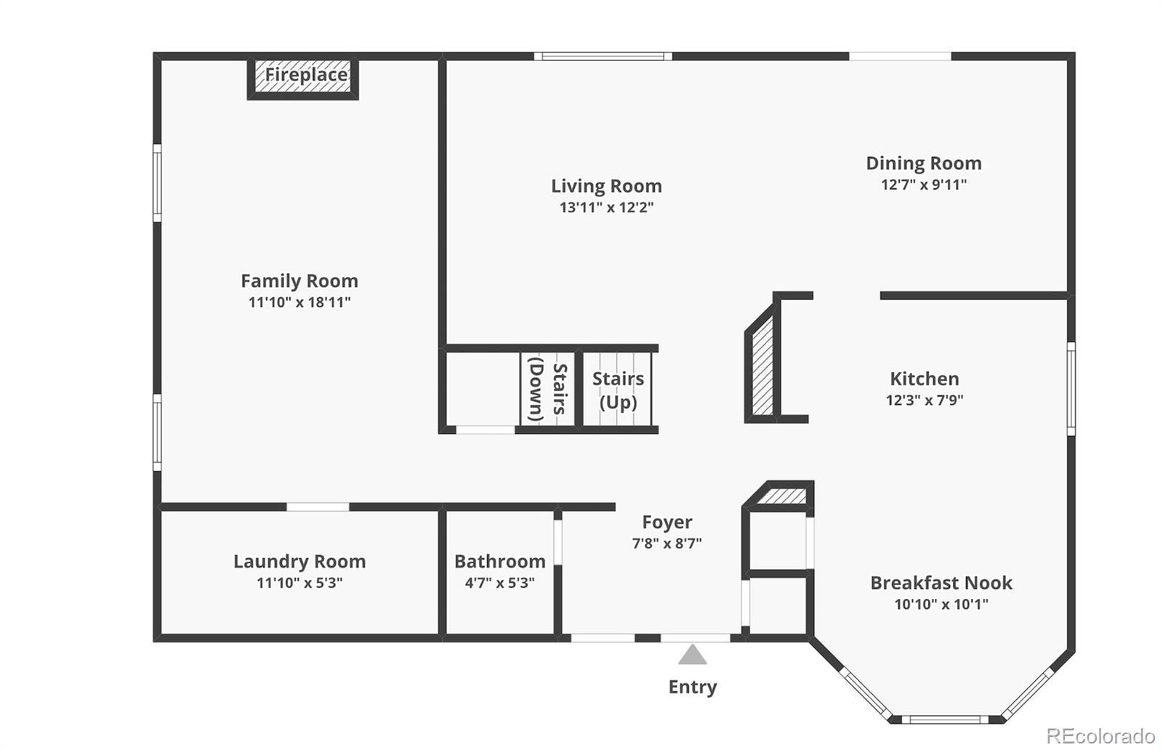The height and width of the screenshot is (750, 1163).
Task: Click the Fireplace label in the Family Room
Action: pos(306,75)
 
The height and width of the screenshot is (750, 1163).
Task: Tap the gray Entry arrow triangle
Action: pos(692,655)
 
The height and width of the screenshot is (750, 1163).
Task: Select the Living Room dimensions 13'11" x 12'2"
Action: pos(606,208)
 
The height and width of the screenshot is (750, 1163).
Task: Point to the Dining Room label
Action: pos(924,164)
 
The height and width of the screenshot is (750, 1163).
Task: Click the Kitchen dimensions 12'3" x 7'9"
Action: pos(924,400)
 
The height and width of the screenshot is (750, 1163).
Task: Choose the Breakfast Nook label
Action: pos(941,583)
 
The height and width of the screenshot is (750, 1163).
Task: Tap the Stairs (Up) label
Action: pos(618,390)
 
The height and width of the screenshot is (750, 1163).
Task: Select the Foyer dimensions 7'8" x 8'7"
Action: pos(667,544)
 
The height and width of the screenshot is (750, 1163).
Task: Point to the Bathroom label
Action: pos(499,562)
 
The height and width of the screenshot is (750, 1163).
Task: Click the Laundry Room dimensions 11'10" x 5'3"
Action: pos(299,583)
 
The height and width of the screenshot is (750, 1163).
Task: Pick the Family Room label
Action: pos(299,281)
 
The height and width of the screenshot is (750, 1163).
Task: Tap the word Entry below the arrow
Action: pos(693,687)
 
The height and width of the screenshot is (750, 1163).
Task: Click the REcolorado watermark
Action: pos(1100,735)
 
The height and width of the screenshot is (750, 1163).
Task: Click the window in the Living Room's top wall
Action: pos(603,56)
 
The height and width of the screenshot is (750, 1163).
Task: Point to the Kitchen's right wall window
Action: pos(1071,389)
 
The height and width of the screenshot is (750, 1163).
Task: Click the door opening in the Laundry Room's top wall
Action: pos(318,507)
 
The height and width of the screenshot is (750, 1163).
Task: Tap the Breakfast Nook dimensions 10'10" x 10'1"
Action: pos(941,604)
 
